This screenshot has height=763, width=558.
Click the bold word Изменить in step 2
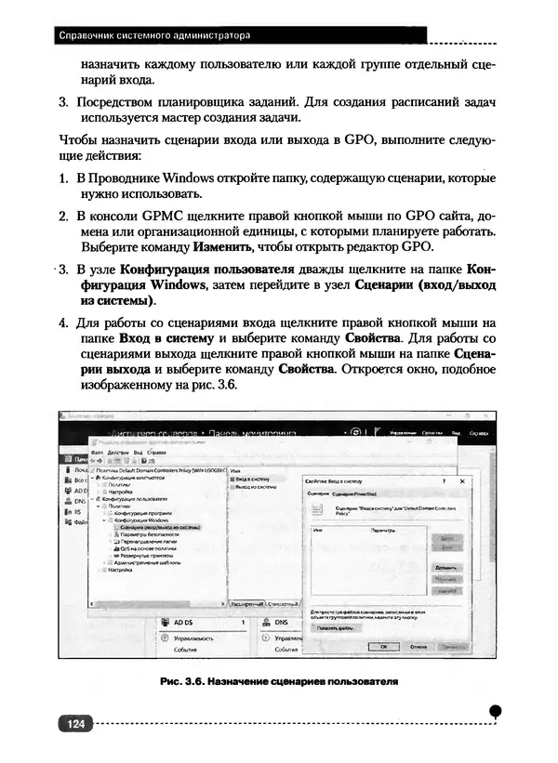click(222, 248)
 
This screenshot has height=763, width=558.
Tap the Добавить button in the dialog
click(446, 567)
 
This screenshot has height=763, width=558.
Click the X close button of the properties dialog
click(462, 480)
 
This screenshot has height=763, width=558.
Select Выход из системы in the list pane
click(256, 486)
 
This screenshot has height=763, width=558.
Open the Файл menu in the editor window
click(97, 452)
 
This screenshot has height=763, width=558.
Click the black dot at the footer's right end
click(496, 710)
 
